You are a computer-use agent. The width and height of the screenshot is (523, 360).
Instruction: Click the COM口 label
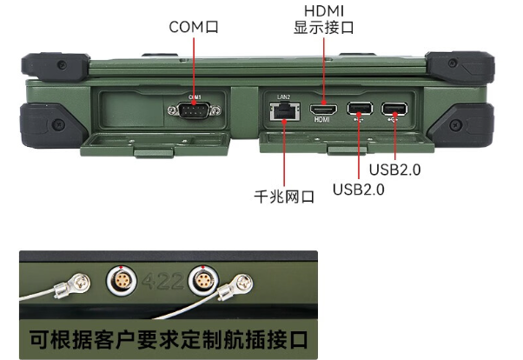[x=194, y=27]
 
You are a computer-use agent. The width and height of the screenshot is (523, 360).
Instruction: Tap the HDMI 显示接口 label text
[x=324, y=19]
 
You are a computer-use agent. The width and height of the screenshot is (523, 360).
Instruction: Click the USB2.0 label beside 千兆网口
[x=358, y=188]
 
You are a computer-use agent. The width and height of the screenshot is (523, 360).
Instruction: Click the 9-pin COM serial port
[x=194, y=110]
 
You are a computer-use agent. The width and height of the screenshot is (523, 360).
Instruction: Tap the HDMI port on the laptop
[x=324, y=110]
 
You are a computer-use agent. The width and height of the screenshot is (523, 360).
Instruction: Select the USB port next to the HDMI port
[x=358, y=110]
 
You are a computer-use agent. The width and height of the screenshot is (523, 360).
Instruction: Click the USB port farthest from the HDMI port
[x=394, y=110]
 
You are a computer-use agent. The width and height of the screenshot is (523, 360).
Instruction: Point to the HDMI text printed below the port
[x=324, y=122]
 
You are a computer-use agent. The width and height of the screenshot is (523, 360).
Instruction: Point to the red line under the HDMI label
[x=324, y=70]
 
